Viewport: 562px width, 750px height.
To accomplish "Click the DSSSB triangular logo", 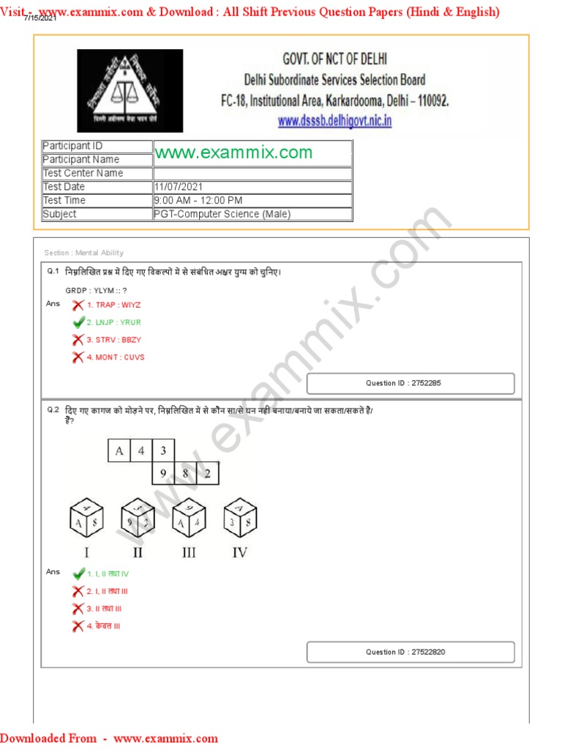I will point(130,90).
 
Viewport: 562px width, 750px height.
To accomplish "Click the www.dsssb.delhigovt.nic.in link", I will point(334,122).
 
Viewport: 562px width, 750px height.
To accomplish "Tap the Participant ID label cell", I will point(97,146).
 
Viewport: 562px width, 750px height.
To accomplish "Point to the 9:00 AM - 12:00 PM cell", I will point(198,200).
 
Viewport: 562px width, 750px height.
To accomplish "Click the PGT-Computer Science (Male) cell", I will point(222,214).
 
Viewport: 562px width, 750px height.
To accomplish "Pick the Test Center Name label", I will point(97,174).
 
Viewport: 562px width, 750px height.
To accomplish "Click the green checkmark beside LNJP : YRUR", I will point(78,322).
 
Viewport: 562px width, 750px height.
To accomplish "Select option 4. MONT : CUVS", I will point(116,357).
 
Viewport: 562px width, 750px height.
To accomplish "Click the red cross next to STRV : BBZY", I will point(78,340).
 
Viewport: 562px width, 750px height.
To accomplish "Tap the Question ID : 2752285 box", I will point(411,383).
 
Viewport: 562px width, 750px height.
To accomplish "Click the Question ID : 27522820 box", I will point(411,652).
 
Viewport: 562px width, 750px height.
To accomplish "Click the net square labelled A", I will point(119,451).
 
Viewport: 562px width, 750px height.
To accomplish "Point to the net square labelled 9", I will point(163,474).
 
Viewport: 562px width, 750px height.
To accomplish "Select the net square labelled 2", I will point(208,474).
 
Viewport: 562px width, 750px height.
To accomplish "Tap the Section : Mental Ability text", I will point(84,253).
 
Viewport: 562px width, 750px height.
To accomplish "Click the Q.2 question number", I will point(53,410).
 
